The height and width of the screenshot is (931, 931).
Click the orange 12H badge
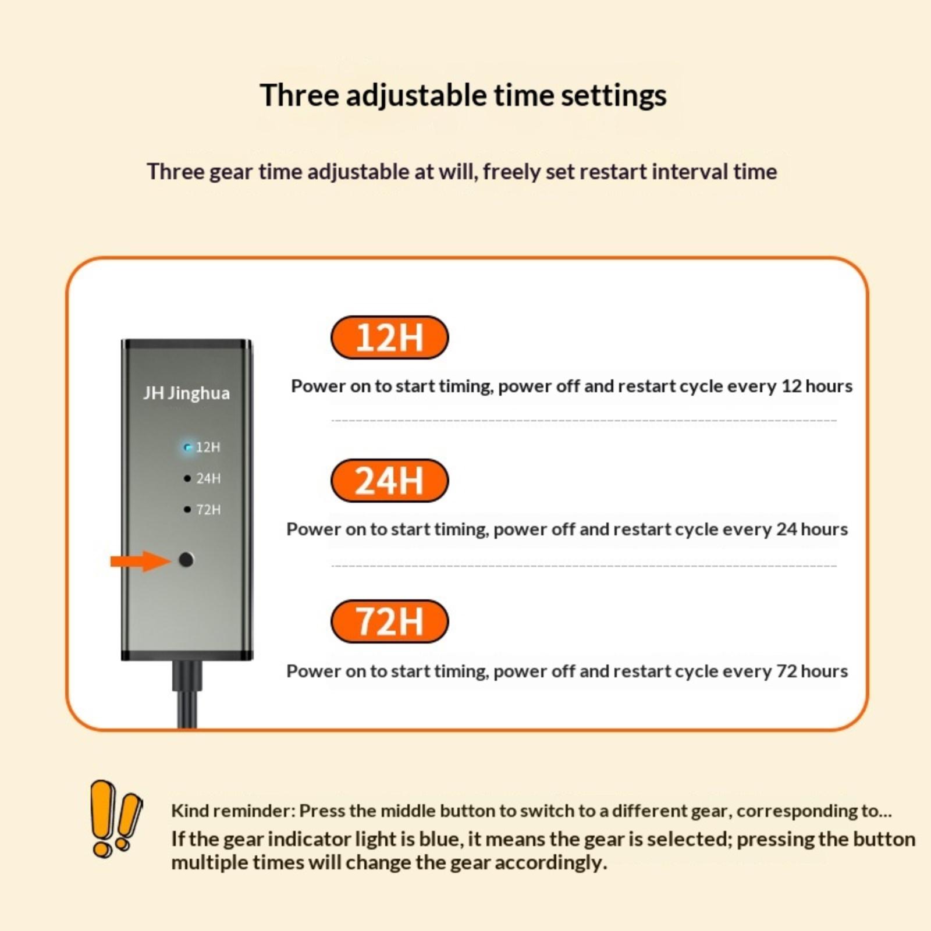point(389,337)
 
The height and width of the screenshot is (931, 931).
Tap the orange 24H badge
point(389,481)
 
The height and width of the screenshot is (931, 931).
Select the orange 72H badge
point(389,621)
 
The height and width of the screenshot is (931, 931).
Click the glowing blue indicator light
point(187,447)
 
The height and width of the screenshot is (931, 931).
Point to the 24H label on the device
point(208,478)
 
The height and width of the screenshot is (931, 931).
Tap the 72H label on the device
point(208,510)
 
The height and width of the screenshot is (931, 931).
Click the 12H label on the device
point(208,447)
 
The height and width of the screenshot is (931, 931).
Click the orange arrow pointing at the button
point(140,561)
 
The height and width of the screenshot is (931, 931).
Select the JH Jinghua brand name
point(186,393)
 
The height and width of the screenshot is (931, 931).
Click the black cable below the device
point(187,694)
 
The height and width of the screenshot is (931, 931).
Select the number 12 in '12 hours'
point(791,386)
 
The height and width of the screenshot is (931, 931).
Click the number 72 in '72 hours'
point(786,671)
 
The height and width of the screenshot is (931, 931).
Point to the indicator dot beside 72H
point(187,510)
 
